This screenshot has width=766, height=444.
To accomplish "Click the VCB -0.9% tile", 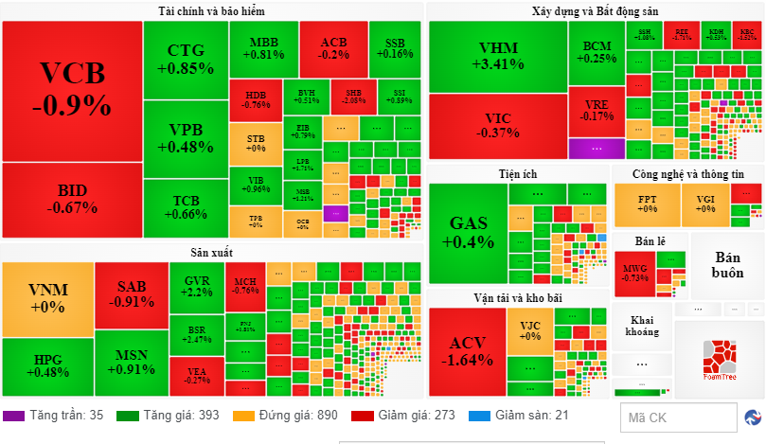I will [x=71, y=90].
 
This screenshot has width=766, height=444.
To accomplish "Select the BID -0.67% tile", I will [x=71, y=201].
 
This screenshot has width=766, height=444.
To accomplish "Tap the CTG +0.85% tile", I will [x=184, y=59].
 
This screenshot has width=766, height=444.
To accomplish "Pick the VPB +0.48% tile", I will [x=184, y=138].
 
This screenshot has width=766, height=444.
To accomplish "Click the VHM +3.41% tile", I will [x=496, y=57].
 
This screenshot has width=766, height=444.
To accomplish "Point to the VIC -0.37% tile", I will [x=496, y=125].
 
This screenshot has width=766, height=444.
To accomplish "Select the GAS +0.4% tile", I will [x=468, y=233].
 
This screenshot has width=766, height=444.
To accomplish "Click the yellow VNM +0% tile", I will [x=47, y=297].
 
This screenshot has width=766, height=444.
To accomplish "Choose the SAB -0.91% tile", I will [x=131, y=294].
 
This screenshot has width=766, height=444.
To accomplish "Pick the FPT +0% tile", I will [x=647, y=204].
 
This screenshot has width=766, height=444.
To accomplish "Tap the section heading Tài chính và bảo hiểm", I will [x=211, y=11].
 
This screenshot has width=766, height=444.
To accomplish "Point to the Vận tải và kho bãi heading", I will [x=518, y=297].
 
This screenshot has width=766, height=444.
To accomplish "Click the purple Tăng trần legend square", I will [x=13, y=416].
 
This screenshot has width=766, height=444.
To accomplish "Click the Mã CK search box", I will [x=677, y=417].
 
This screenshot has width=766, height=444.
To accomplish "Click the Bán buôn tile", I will [x=727, y=265].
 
